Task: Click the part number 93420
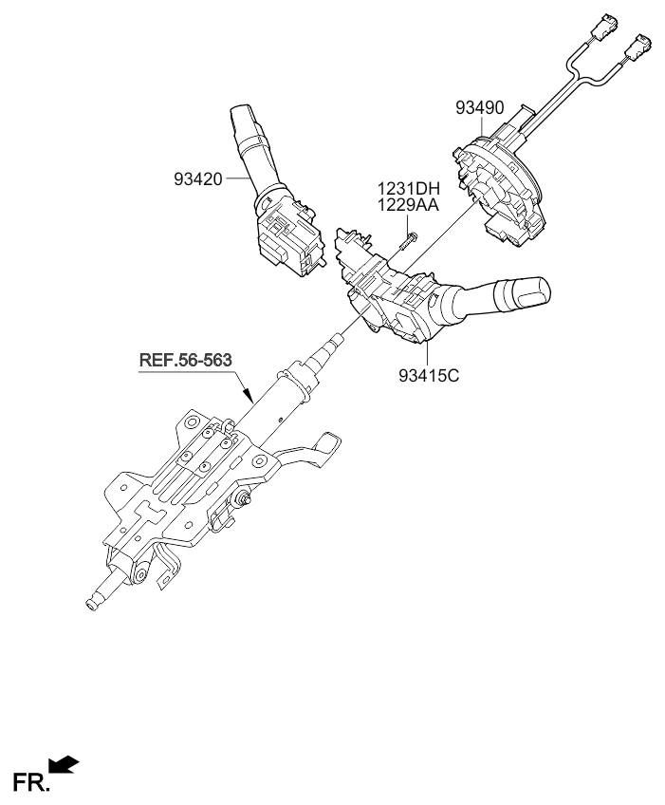click(x=197, y=178)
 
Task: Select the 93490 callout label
click(x=478, y=108)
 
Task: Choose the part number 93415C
click(x=429, y=375)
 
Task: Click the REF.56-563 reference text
click(x=185, y=361)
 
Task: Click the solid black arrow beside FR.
click(x=65, y=764)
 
